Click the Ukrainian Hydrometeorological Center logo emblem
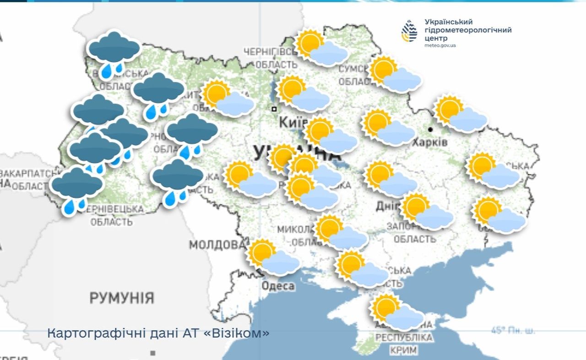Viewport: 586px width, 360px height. [409, 31]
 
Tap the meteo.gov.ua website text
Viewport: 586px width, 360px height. [440, 46]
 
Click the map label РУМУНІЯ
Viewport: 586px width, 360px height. [121, 298]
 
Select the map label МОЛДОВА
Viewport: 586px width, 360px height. [217, 244]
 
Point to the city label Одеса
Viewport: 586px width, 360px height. [278, 286]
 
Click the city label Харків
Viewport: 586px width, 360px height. [429, 142]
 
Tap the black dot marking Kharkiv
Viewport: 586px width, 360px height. [430, 130]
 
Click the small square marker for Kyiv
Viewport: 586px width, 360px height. [274, 109]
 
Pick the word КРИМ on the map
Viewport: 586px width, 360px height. [404, 350]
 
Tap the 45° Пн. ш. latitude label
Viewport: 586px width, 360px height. [513, 330]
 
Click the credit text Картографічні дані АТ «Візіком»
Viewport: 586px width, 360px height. [158, 333]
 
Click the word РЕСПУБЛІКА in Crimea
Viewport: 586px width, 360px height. [404, 338]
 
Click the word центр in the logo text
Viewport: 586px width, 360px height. [435, 38]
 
